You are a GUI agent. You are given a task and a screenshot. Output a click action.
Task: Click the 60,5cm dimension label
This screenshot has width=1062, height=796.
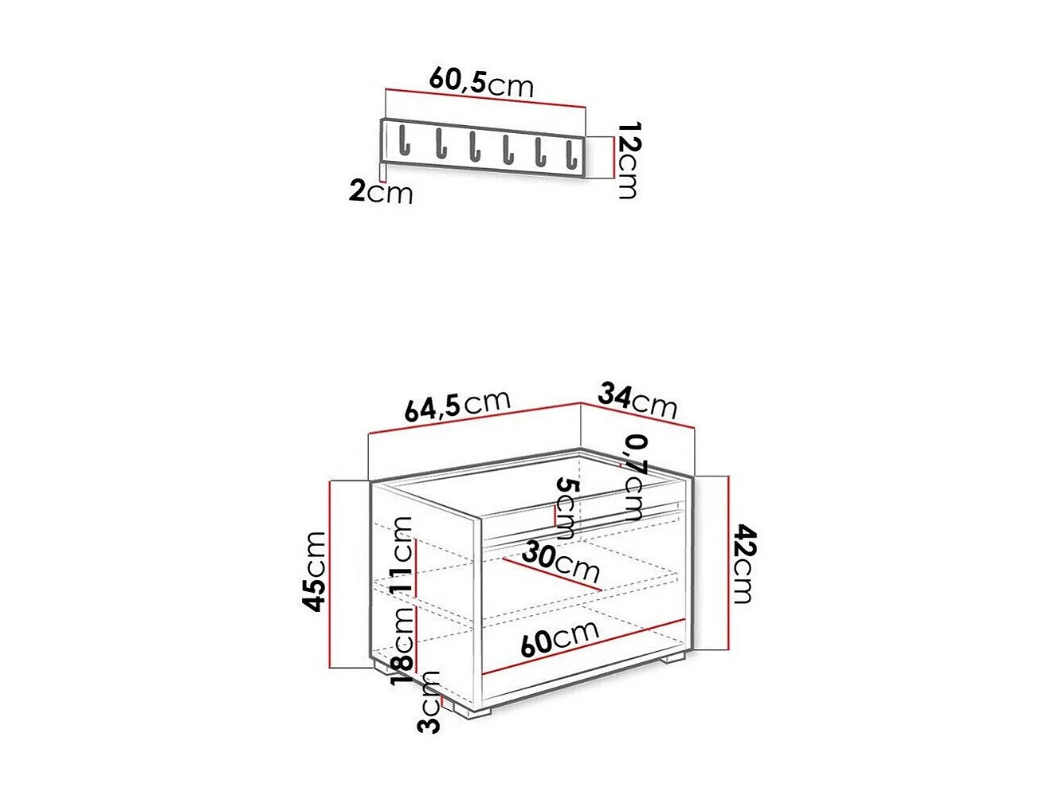pyautogui.click(x=481, y=81)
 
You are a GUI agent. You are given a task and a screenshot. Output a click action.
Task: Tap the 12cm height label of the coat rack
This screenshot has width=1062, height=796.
pyautogui.click(x=629, y=160)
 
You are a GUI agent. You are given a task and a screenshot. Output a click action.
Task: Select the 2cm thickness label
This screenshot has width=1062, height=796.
pyautogui.click(x=381, y=191)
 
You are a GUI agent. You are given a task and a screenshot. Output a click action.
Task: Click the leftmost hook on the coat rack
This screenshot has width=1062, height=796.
pyautogui.click(x=404, y=141)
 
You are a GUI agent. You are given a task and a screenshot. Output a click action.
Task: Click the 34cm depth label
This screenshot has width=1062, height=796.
pyautogui.click(x=637, y=400)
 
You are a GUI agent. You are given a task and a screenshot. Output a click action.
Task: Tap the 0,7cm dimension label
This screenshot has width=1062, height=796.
pyautogui.click(x=635, y=476)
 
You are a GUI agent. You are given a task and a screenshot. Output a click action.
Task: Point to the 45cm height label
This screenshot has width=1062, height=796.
pyautogui.click(x=315, y=571)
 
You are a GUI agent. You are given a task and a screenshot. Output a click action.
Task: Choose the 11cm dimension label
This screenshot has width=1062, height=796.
pyautogui.click(x=403, y=553)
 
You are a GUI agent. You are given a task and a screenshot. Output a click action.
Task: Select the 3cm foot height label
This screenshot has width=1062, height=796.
pyautogui.click(x=429, y=702)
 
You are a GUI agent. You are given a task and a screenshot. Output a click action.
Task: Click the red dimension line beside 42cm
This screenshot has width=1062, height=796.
pyautogui.click(x=728, y=563)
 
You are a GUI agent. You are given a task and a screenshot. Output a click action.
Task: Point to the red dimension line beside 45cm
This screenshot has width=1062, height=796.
pyautogui.click(x=330, y=574)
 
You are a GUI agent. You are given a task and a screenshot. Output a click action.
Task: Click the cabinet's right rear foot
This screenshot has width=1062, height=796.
pyautogui.click(x=674, y=659)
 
